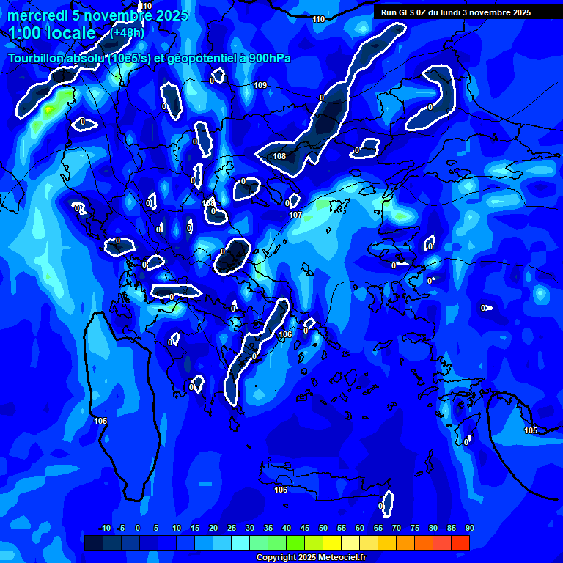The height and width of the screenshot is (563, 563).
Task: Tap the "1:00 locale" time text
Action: click(x=52, y=33)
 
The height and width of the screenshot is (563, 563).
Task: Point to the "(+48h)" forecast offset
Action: click(x=127, y=32)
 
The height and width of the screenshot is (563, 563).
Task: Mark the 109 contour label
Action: click(x=260, y=86)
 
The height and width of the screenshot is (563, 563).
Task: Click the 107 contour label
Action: click(x=295, y=215)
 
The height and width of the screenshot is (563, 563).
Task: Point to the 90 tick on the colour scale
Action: click(x=469, y=529)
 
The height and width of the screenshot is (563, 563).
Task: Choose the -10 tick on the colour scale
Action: click(x=104, y=529)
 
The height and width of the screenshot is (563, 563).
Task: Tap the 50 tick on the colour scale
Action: click(x=323, y=529)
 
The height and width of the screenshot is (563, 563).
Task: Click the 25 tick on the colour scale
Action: click(x=231, y=529)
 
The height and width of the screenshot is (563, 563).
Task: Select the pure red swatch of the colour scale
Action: click(x=460, y=542)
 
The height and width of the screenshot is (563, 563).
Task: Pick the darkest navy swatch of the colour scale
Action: click(x=93, y=542)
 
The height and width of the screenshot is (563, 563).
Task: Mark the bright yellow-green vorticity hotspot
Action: click(x=49, y=110)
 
